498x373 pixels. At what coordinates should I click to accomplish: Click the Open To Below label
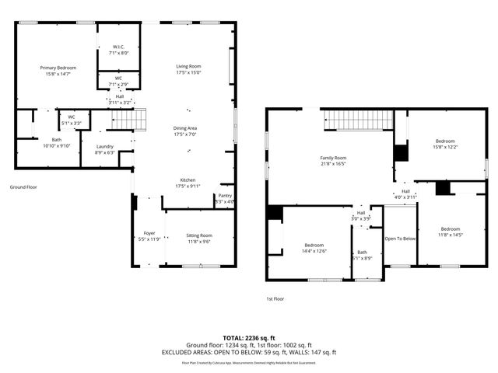pyautogui.click(x=401, y=239)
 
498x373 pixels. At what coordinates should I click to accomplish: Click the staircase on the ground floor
pyautogui.click(x=128, y=120)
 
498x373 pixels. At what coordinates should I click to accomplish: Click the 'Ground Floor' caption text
pyautogui.click(x=23, y=187)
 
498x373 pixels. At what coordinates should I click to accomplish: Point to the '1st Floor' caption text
pyautogui.click(x=275, y=298)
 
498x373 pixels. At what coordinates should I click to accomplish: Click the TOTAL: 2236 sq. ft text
pyautogui.click(x=248, y=338)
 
